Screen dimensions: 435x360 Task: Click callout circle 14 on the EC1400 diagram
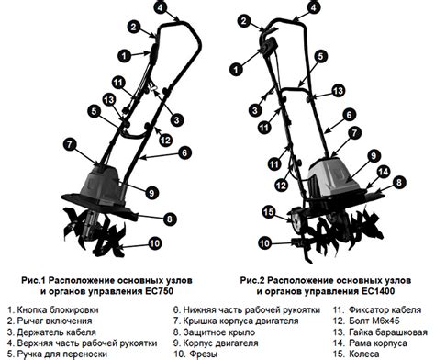pos(384,172)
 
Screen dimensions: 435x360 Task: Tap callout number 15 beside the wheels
pos(269,212)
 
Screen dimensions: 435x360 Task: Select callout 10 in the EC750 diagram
pos(155,243)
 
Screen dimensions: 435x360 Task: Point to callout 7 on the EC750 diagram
pos(70,144)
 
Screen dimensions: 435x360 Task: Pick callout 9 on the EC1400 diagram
pos(374,156)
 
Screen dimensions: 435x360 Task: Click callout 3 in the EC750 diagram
pos(176,120)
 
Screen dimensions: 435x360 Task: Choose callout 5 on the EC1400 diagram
pos(320,56)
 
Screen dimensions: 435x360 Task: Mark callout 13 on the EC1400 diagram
pos(338,91)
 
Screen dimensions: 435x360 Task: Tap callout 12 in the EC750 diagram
pos(165,141)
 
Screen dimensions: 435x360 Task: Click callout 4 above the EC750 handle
pos(161,7)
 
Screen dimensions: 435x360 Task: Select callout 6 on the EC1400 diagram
pos(349,115)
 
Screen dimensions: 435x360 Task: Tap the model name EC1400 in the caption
pos(378,291)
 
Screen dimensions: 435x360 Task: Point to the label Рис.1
pos(33,280)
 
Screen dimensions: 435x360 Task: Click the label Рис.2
pos(252,280)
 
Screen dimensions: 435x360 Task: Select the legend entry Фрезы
pos(204,354)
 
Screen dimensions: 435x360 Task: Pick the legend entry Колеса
pos(363,354)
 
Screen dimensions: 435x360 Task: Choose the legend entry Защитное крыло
pos(219,332)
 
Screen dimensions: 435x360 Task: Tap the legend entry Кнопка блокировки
pos(58,309)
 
